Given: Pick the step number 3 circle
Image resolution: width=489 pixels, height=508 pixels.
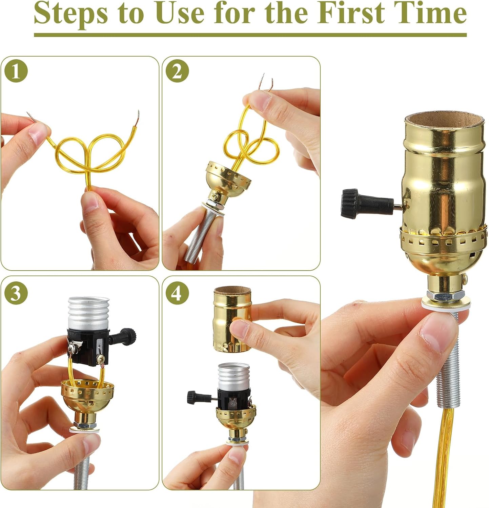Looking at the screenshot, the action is coord(16,293).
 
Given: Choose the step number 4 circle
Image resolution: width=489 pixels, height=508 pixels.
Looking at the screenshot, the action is coord(177,293).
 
